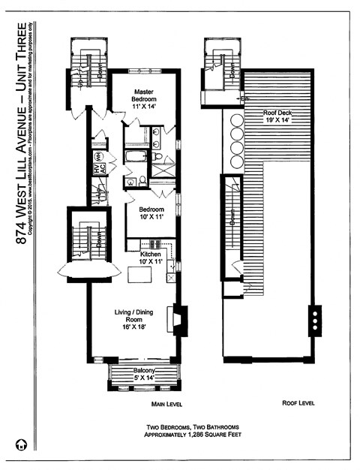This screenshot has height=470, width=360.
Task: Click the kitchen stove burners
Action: coord(155,244)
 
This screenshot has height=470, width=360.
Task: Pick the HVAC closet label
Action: coord(97,170)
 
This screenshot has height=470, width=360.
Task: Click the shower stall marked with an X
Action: coord(162,167)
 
